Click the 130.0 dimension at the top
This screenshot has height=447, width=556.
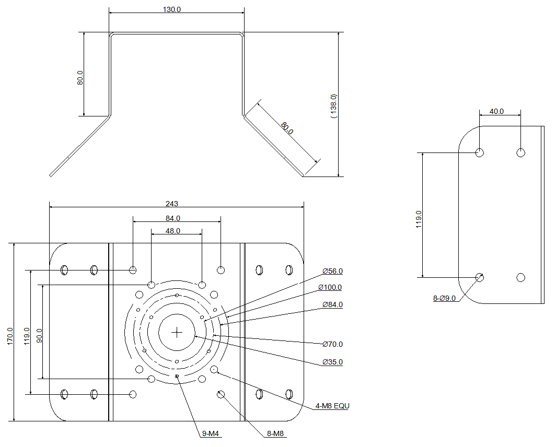click(x=172, y=10)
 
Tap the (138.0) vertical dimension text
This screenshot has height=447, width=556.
click(x=334, y=107)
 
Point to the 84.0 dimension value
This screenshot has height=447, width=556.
click(x=173, y=218)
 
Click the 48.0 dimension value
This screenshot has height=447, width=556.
click(x=173, y=231)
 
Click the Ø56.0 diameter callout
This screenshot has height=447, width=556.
click(x=332, y=271)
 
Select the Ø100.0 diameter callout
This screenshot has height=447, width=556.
click(x=330, y=288)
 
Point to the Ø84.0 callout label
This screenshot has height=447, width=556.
click(x=332, y=304)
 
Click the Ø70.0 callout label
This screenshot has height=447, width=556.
click(x=332, y=344)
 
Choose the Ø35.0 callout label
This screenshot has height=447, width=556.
click(x=332, y=362)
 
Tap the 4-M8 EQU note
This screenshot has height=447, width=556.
click(x=332, y=406)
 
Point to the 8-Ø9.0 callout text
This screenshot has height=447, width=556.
click(x=444, y=298)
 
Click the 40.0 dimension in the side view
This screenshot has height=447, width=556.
click(x=496, y=111)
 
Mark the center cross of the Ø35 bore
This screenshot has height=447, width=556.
click(x=177, y=332)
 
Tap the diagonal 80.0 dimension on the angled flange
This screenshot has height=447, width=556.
click(x=287, y=128)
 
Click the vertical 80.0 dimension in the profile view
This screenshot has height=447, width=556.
click(x=80, y=78)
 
